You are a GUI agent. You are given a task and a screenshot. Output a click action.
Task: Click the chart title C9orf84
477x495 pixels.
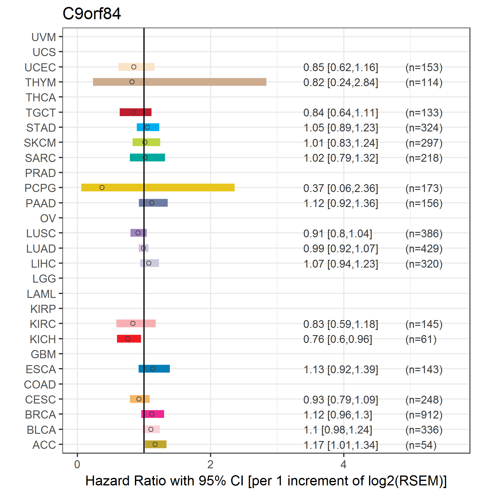click(91, 14)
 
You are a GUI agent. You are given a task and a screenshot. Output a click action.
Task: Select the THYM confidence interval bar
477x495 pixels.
click(180, 82)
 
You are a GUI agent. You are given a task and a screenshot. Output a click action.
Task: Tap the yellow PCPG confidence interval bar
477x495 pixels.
click(158, 187)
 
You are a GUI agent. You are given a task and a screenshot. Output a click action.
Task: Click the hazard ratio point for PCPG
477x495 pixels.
click(102, 187)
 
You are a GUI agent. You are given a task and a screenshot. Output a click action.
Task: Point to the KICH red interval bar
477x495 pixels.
click(129, 339)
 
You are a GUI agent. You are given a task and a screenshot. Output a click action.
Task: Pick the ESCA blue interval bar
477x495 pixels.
click(154, 369)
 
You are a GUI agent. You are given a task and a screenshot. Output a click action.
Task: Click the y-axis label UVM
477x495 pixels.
click(44, 37)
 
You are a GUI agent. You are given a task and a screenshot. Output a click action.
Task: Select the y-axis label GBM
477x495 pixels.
click(43, 354)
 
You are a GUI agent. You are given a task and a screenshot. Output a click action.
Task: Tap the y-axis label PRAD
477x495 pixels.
click(40, 173)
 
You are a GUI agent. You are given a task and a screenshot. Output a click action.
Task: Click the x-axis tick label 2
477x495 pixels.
click(210, 464)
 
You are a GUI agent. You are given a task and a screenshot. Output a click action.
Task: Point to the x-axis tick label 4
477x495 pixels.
click(343, 464)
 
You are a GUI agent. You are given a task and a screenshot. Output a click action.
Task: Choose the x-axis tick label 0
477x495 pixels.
click(77, 464)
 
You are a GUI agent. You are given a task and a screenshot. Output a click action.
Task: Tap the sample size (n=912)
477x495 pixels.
click(424, 415)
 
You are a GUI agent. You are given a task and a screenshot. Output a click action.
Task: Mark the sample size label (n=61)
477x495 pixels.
click(421, 339)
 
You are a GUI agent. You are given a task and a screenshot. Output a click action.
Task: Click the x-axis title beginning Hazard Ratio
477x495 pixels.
click(266, 481)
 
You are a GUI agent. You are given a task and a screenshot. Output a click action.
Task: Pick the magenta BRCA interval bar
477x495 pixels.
click(153, 414)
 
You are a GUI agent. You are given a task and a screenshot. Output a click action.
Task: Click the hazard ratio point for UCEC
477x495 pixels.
click(134, 67)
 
